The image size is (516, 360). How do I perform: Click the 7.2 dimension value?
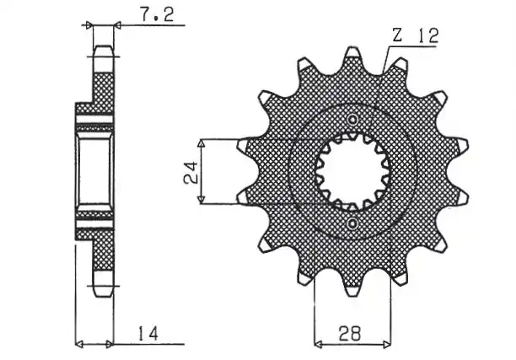(157, 15)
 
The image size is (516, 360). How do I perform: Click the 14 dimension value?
(148, 333)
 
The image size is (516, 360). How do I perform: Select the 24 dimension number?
(191, 172)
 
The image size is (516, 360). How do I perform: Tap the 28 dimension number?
(350, 333)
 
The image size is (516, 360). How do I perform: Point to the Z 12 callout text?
(416, 35)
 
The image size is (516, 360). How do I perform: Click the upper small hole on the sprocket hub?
(352, 120)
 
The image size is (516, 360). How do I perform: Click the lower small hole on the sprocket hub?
(352, 223)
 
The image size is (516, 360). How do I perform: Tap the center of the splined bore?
(352, 171)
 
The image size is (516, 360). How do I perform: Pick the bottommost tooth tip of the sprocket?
(352, 294)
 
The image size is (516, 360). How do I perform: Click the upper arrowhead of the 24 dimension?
(201, 142)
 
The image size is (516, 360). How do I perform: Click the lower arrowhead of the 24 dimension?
(201, 200)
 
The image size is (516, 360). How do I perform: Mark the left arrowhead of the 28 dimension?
(318, 345)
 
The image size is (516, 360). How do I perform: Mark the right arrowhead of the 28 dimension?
(387, 345)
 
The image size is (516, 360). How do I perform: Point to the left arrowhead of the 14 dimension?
(79, 345)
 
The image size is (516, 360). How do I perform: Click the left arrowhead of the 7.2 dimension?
(89, 25)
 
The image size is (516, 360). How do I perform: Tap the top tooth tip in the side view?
(104, 46)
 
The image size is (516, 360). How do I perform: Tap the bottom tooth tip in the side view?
(104, 296)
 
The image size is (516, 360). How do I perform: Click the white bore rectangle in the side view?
(94, 171)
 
